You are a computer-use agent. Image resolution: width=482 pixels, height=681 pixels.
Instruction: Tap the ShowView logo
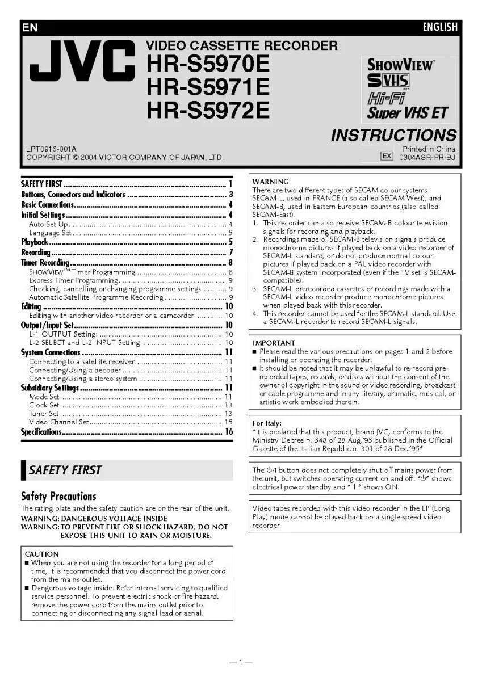401,65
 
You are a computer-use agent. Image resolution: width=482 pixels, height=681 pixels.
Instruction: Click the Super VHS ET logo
406,112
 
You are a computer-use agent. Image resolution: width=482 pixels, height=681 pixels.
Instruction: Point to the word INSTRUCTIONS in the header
393,135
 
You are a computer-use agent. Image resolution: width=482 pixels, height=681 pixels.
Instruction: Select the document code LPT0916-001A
51,149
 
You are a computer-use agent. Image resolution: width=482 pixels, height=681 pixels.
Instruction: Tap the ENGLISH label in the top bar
439,27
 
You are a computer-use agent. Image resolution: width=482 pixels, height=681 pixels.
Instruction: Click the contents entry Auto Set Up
49,224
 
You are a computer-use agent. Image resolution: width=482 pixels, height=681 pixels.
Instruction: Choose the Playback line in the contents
35,242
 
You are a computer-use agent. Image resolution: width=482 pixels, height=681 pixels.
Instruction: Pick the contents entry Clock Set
44,405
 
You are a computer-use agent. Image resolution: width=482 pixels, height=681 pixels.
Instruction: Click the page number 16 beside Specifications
229,432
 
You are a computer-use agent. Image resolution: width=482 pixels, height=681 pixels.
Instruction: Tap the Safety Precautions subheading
58,496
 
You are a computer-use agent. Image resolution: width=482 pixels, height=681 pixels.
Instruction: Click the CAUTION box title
41,554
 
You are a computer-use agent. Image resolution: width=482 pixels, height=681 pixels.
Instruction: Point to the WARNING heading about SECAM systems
270,182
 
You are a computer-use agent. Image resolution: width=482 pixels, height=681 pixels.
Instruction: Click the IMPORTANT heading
274,343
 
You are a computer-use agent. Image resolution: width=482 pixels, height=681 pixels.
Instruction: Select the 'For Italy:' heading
267,423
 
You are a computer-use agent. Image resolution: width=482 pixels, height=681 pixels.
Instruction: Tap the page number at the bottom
241,662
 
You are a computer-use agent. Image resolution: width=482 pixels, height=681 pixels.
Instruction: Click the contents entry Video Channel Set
59,422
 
